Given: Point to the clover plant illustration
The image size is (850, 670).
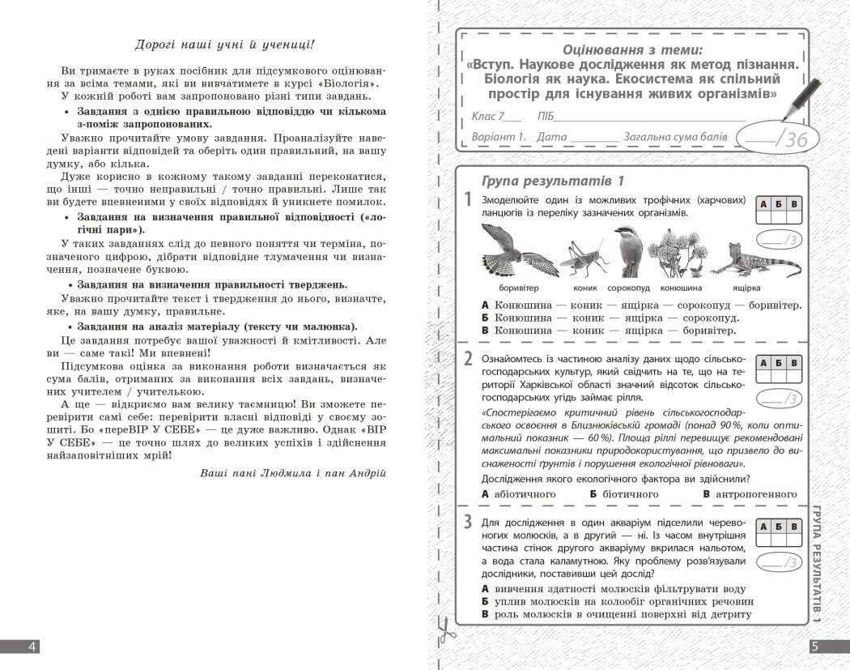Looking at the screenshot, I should coord(670,252).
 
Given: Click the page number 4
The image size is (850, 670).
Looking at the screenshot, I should coord(31,647).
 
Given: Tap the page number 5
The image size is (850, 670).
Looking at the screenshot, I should coord(815,647).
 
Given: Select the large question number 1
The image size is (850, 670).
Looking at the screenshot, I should coord(468,200).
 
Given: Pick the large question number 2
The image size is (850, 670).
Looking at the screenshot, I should coord(468,359).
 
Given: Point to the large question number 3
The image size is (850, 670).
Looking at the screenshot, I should coord(468,523).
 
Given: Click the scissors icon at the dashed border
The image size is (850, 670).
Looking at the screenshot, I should coord(444,628).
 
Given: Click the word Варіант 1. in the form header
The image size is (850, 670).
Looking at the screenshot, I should coord(499,137).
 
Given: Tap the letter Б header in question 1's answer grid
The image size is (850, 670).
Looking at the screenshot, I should coord(778,204).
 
